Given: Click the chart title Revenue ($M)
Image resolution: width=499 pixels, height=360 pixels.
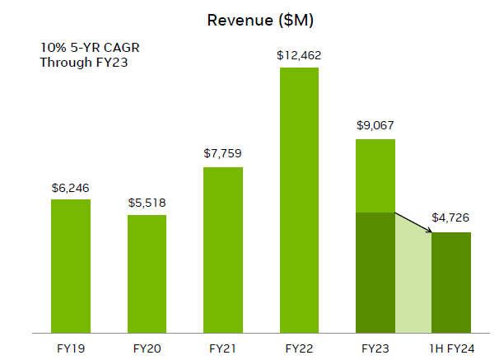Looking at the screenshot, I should coord(260,19).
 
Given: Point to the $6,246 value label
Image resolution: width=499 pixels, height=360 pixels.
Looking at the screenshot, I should coord(71,189).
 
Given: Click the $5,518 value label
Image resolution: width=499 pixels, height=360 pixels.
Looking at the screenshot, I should coord(147,203).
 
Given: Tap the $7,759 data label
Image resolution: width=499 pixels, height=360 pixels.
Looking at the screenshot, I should coord(223,153).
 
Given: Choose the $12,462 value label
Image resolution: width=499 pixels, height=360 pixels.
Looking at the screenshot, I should coord(300,56).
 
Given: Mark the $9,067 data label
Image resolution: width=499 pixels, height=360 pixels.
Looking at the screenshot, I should coord(375,126).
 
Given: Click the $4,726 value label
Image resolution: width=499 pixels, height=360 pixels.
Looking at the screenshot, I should coord(451,219).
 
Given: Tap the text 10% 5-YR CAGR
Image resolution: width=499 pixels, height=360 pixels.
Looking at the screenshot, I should coord(85,47).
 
